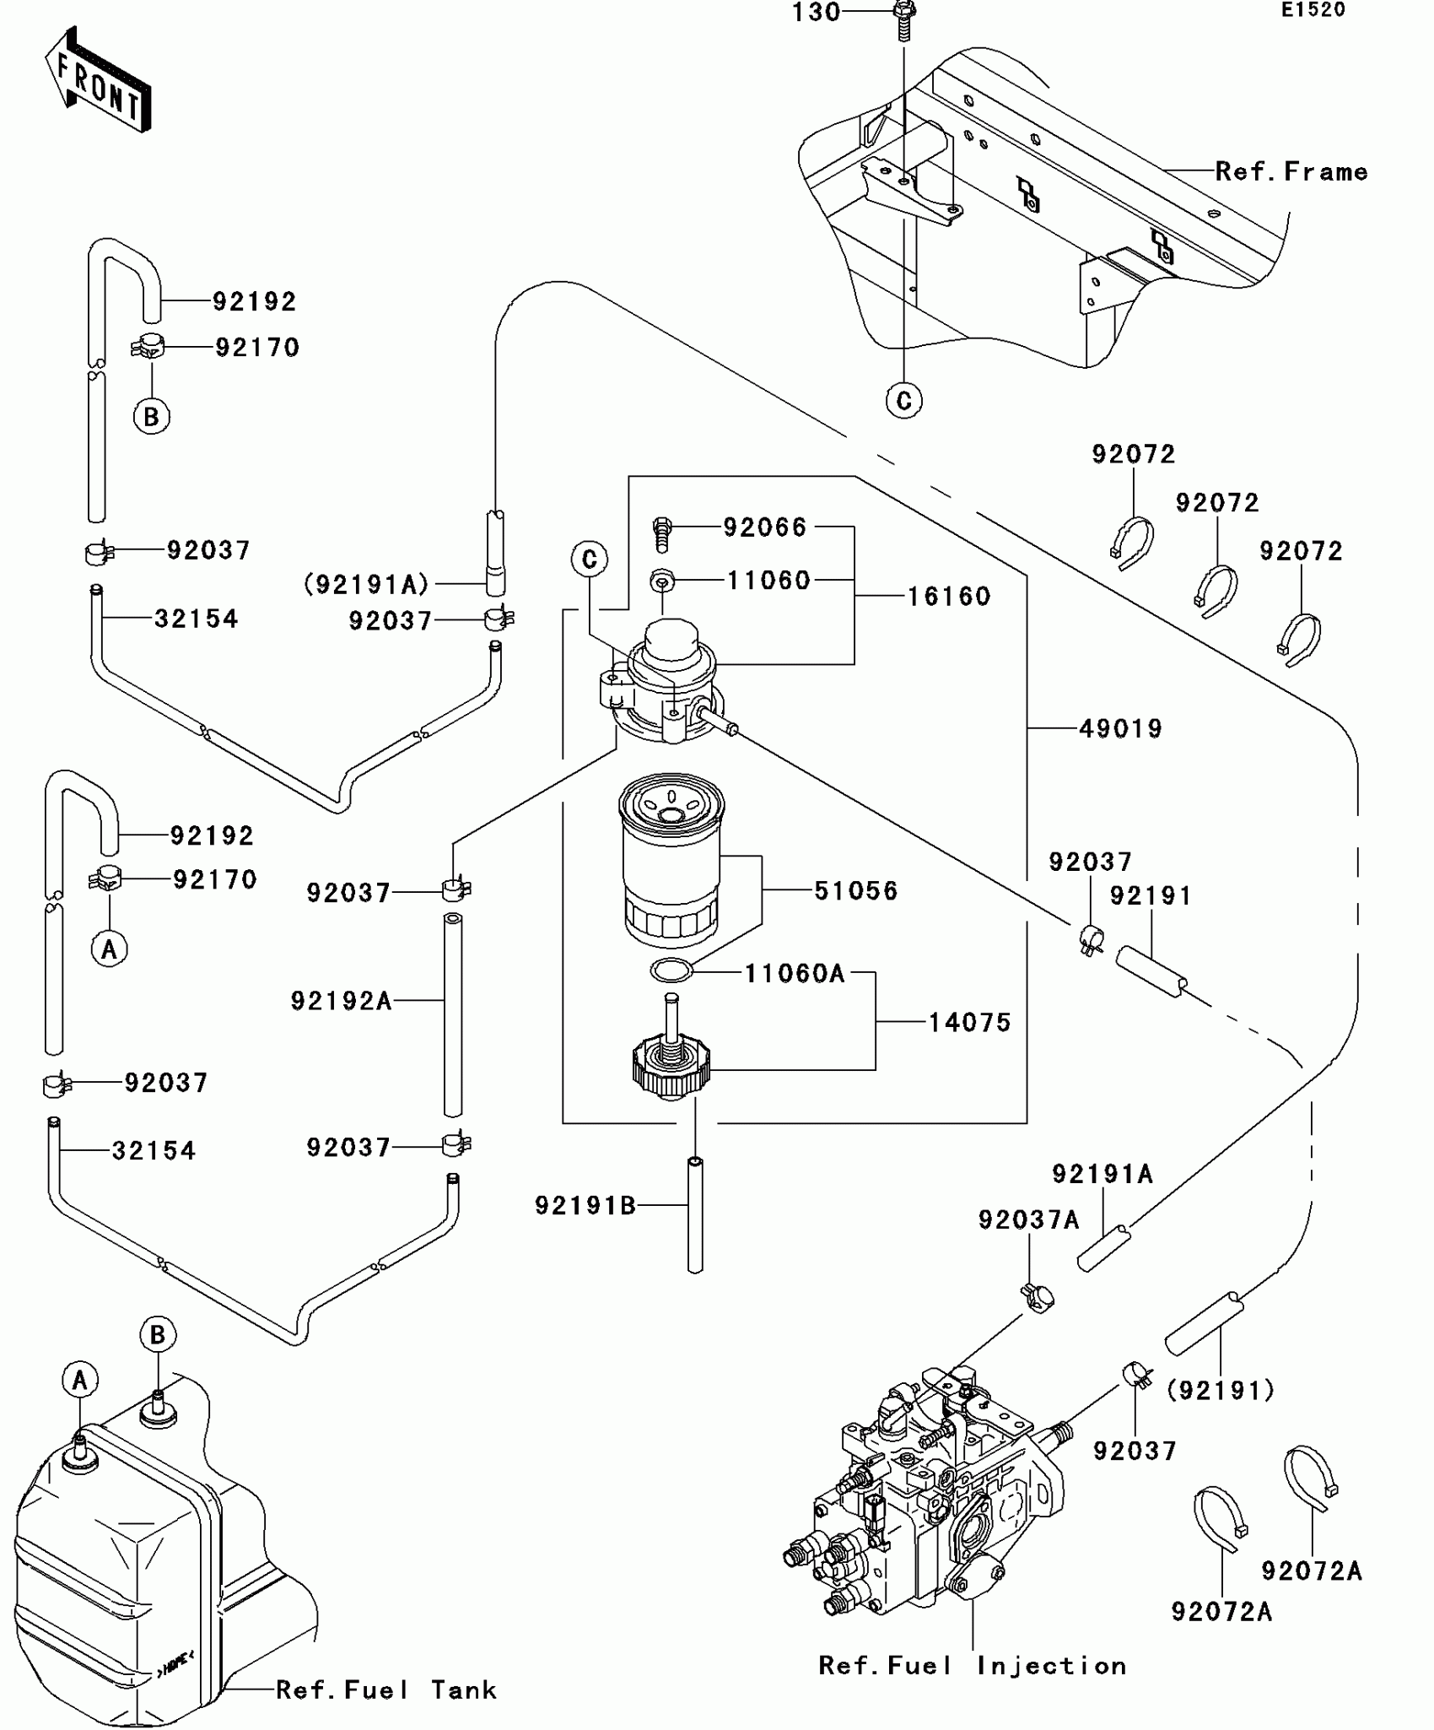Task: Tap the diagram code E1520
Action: click(x=1313, y=11)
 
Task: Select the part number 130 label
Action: click(x=816, y=13)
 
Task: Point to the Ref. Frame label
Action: click(x=1291, y=172)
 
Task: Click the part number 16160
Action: click(x=949, y=597)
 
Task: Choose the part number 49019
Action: click(x=1120, y=728)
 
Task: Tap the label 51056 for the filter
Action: click(x=856, y=891)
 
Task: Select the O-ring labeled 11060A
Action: click(x=671, y=970)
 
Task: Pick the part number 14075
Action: click(x=969, y=1023)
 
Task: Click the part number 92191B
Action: click(x=585, y=1206)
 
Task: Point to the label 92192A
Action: click(x=342, y=1001)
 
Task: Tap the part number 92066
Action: click(x=765, y=527)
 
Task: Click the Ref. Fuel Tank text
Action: click(x=386, y=1690)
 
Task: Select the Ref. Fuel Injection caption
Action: click(x=973, y=1666)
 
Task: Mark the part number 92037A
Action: click(x=1028, y=1220)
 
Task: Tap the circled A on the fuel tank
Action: click(x=80, y=1380)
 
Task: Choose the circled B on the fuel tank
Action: click(x=158, y=1334)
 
